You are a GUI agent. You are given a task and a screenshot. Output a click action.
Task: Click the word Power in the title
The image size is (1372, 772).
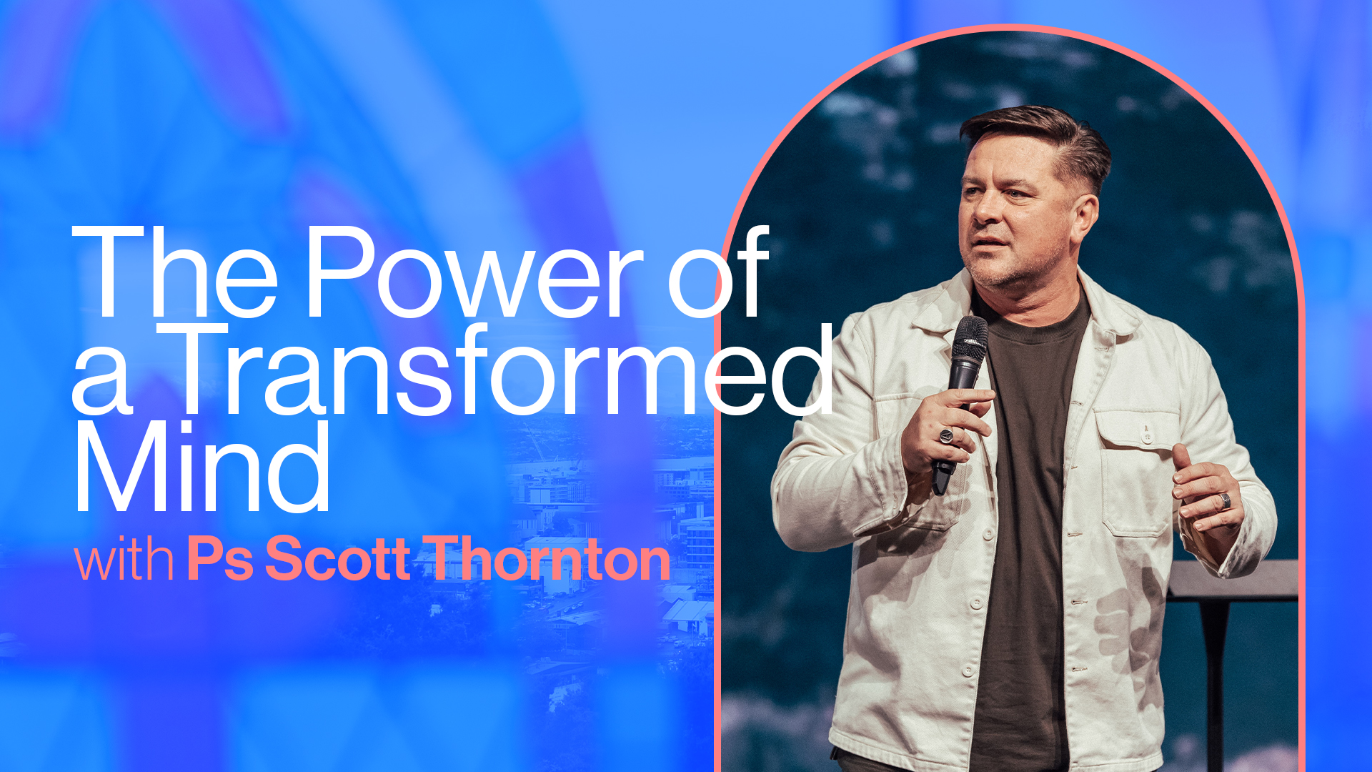(x=474, y=272)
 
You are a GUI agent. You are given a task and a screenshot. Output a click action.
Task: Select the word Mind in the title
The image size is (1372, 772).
(x=202, y=467)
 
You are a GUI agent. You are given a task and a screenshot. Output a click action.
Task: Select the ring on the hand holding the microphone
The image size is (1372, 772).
(x=946, y=435)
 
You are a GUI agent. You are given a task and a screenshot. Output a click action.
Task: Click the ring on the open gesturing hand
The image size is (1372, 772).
(x=1225, y=500)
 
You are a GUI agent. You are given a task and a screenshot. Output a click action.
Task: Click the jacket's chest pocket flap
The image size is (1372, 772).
(x=1137, y=429)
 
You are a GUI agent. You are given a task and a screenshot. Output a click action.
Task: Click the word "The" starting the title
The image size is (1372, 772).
(x=175, y=272)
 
